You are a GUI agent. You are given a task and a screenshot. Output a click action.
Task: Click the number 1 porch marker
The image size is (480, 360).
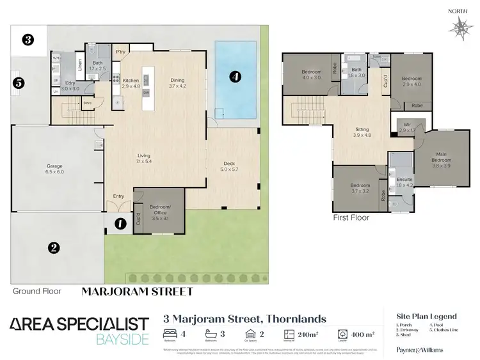[x=119, y=224]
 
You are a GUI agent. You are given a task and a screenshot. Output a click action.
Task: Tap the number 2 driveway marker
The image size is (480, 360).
[x=54, y=247]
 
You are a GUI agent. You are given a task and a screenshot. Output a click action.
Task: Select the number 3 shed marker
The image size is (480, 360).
[x=28, y=40]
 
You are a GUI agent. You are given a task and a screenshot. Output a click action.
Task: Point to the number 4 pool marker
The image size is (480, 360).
[x=235, y=77]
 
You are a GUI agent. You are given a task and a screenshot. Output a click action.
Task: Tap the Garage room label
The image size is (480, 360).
[x=55, y=169]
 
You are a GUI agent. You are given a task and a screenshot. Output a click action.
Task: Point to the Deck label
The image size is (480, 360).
[x=229, y=166]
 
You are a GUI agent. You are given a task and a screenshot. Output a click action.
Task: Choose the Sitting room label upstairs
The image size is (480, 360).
[x=362, y=132]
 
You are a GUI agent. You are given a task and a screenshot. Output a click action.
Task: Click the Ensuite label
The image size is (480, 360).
[x=404, y=181]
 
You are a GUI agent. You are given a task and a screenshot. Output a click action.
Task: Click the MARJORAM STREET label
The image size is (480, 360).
[x=138, y=291]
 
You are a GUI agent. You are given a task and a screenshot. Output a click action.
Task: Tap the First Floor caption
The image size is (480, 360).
[x=351, y=217]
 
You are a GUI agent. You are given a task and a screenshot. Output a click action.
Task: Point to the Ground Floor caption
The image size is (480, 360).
[x=37, y=291]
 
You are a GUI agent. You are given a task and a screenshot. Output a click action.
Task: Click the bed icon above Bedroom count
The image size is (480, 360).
[x=170, y=333]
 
